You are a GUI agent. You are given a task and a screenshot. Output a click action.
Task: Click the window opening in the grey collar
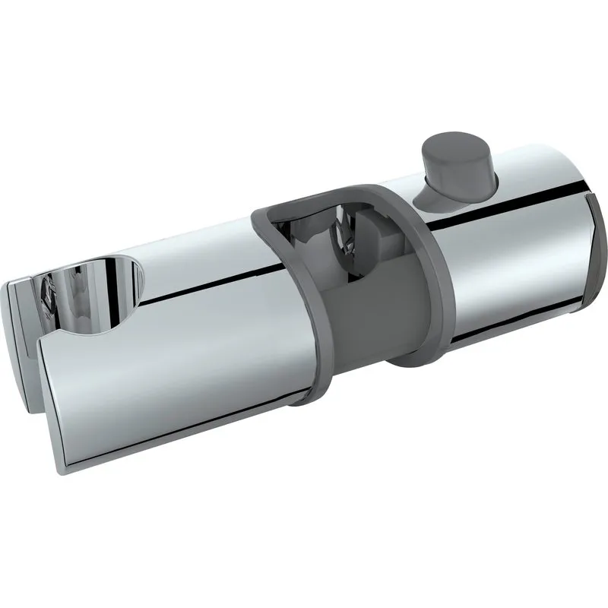[x=323, y=243]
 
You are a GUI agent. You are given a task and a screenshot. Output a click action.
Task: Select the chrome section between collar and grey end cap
[x=509, y=274]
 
